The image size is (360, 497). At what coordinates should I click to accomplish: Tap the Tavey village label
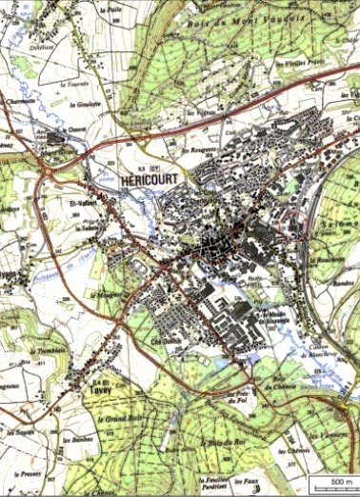pyautogui.click(x=76, y=388)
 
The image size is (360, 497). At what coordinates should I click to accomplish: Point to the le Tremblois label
pyautogui.click(x=56, y=351)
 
